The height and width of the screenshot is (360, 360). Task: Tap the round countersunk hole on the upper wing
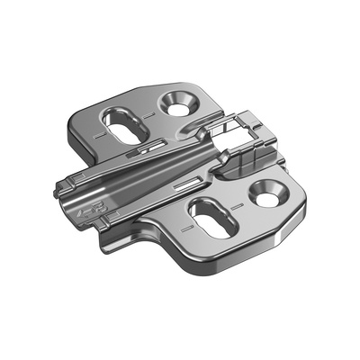(x=177, y=103)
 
